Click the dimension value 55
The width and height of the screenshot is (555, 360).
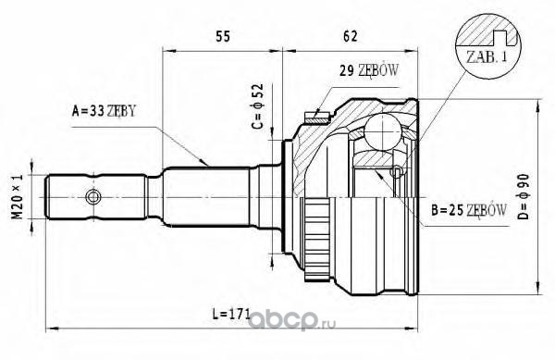[223, 36]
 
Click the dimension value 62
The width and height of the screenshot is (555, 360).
[350, 36]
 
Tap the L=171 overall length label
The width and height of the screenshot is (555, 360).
[231, 314]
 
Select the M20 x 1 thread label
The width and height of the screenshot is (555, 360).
[18, 197]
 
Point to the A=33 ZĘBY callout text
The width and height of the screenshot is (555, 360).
[104, 111]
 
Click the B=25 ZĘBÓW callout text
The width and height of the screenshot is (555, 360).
[469, 210]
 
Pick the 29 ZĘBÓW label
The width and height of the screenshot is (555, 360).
[369, 70]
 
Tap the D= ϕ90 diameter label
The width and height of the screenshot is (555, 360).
[524, 197]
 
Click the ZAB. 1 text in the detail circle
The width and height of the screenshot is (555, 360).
[487, 56]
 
